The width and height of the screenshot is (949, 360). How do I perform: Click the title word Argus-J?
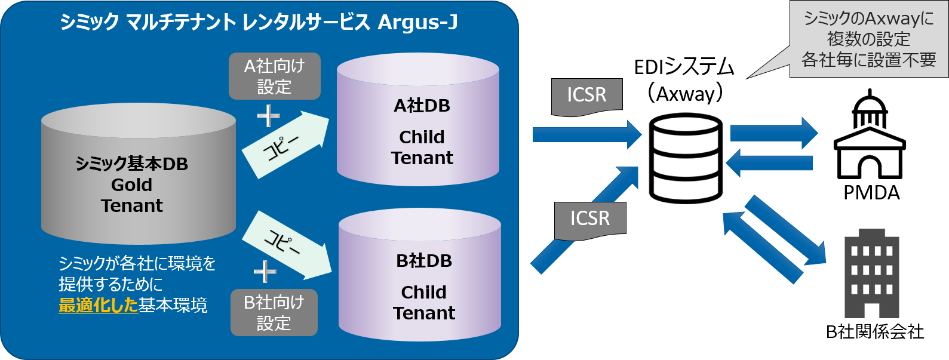pos(417,23)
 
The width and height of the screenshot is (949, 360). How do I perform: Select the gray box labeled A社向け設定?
pos(274,76)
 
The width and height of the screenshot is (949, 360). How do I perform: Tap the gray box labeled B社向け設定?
pos(274,312)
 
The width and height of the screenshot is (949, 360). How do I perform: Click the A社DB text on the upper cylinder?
pos(422,106)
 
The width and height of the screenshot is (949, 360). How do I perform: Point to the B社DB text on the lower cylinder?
pos(424,261)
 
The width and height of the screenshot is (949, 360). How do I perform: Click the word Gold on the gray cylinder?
pos(131,184)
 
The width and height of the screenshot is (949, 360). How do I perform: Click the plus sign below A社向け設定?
pos(268,116)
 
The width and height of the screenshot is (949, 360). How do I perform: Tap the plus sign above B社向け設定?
pos(265,272)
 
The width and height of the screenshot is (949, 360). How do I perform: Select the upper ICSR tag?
pos(586,96)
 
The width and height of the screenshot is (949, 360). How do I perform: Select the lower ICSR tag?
pos(589,219)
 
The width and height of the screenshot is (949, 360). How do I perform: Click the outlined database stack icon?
pos(686,158)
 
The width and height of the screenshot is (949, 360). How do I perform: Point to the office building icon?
pos(871,273)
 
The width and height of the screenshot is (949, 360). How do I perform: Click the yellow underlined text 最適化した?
pos(98,306)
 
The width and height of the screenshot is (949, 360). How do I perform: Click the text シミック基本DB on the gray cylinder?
pos(131,164)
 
